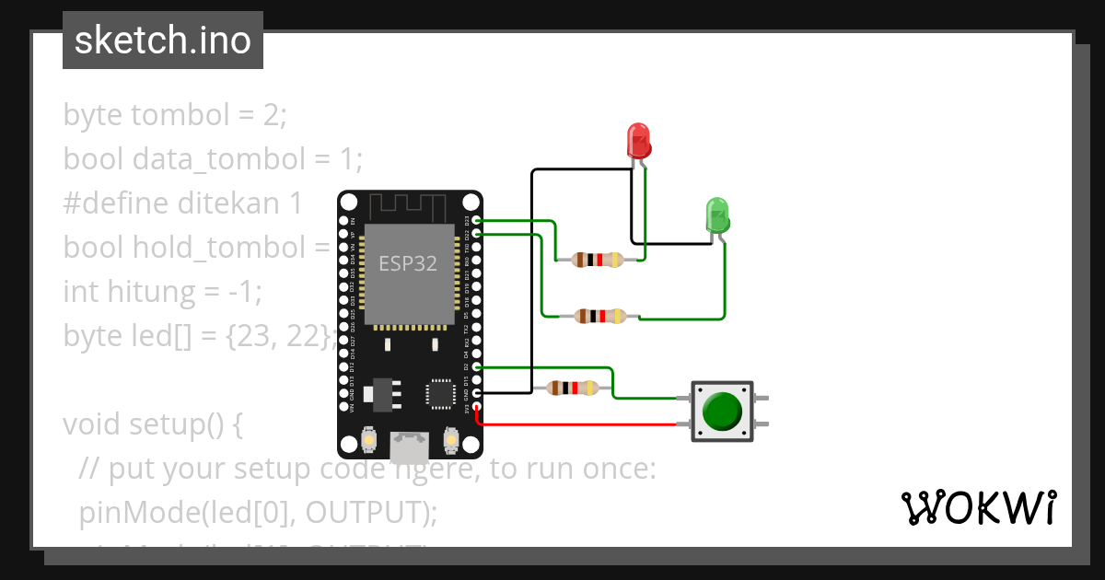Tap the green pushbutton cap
pos(721,412)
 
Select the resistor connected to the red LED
pos(598,260)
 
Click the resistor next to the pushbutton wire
pos(573,389)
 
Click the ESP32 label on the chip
pos(408,263)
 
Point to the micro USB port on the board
pos(409,447)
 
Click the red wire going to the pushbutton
pos(580,424)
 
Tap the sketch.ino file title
pos(163,41)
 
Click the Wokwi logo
pos(978,508)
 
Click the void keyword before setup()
pos(92,425)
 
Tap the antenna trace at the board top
pos(410,204)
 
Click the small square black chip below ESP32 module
pos(439,393)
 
